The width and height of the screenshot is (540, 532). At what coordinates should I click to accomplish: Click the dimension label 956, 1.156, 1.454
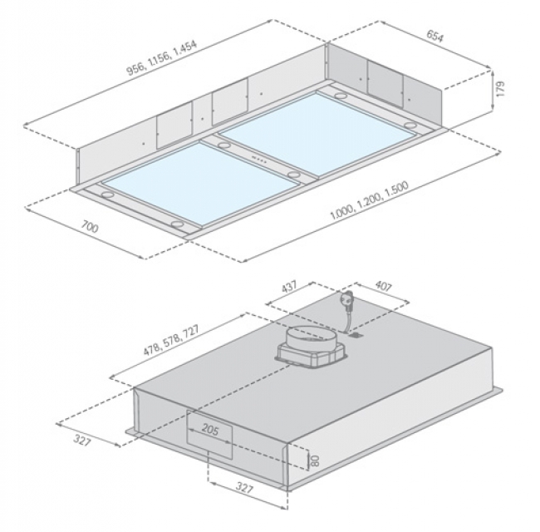click(162, 57)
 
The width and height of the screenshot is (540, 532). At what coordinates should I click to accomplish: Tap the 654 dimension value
click(435, 36)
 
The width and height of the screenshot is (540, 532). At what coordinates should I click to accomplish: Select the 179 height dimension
click(500, 89)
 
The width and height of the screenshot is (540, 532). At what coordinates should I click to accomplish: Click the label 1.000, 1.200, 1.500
click(369, 200)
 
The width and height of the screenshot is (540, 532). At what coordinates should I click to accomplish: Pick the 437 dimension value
click(289, 287)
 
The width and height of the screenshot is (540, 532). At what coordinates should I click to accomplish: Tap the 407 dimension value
click(383, 286)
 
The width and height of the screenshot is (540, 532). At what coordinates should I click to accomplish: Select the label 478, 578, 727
click(171, 340)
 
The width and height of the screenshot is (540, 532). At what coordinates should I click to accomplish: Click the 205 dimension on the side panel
click(210, 429)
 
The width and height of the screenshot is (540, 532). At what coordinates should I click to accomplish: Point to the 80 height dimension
click(315, 461)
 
